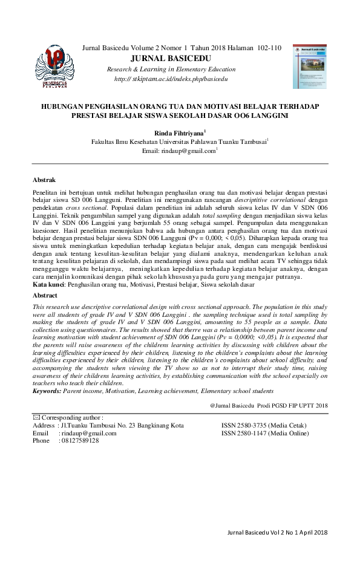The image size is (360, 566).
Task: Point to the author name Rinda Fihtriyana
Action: (x=178, y=131)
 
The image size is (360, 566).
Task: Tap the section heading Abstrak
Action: (x=44, y=180)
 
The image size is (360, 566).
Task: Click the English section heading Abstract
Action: (x=45, y=296)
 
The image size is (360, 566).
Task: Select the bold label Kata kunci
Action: (x=48, y=284)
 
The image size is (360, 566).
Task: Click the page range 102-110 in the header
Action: (x=269, y=48)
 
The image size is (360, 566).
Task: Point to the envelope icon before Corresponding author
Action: (x=36, y=417)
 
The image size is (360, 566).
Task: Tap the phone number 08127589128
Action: (x=79, y=441)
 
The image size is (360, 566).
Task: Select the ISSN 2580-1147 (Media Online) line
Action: (x=265, y=433)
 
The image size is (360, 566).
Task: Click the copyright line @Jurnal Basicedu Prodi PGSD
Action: (x=269, y=405)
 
